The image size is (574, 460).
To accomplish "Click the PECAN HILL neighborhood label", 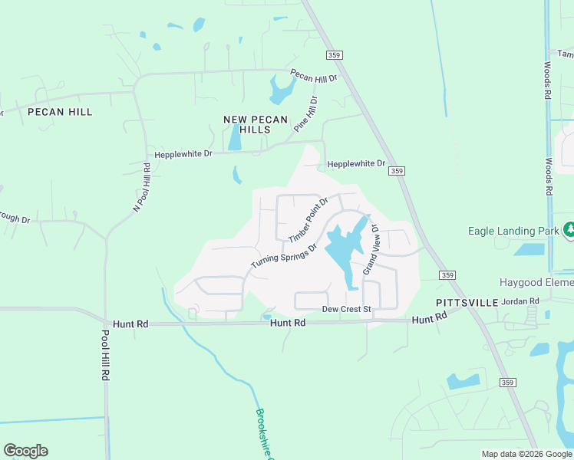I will click(60, 112).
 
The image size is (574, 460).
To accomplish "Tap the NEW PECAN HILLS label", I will click(256, 124).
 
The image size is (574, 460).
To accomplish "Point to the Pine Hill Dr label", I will click(305, 114).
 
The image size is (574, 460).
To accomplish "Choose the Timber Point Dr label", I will click(308, 220).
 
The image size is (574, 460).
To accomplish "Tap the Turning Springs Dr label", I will click(284, 256).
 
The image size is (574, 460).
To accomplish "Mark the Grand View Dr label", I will click(370, 249).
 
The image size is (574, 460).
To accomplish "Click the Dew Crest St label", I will click(346, 309).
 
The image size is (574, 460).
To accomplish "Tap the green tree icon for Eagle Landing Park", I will click(569, 229).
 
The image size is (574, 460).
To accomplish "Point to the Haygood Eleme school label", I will click(536, 283).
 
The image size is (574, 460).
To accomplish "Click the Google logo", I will click(25, 451).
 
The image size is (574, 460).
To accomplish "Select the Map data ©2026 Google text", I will click(526, 454).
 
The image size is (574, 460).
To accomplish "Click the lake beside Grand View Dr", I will click(342, 251).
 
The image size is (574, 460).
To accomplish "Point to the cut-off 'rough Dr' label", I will click(14, 220).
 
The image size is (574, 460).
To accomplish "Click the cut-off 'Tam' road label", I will click(565, 54).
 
